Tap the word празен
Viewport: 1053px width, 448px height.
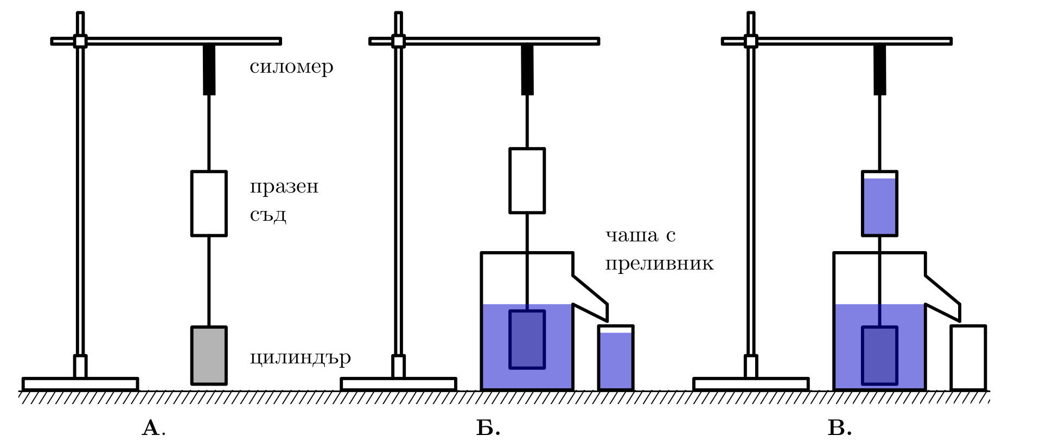click(284, 187)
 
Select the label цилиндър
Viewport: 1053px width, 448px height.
click(300, 358)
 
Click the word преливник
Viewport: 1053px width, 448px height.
click(659, 264)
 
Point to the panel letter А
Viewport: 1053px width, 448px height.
click(151, 428)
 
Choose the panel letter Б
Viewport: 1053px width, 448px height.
click(486, 428)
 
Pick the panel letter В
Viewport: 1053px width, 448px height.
click(837, 428)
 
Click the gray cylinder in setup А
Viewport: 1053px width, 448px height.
click(209, 355)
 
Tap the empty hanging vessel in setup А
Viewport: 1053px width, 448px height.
click(209, 203)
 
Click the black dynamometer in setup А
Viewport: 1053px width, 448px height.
click(209, 70)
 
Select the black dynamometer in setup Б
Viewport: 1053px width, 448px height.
click(527, 70)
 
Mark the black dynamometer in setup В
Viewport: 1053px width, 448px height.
click(879, 70)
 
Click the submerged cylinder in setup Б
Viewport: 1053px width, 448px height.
click(527, 340)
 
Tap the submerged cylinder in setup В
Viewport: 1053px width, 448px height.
click(879, 355)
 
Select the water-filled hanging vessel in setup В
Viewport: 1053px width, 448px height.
click(879, 203)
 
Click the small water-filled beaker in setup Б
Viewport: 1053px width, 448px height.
click(616, 357)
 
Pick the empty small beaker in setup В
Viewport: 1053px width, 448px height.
click(968, 357)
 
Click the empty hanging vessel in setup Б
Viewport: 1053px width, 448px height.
click(527, 181)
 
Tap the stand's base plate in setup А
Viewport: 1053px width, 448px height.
click(80, 384)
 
